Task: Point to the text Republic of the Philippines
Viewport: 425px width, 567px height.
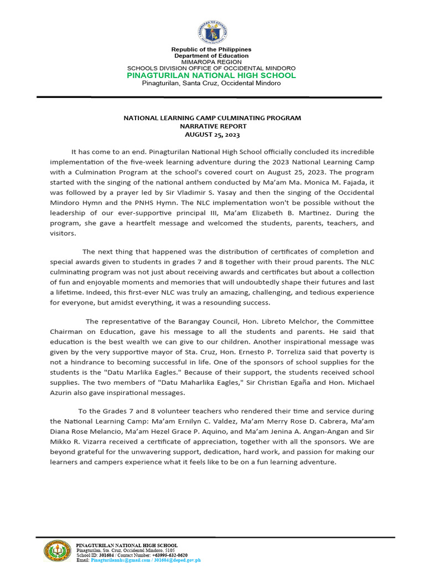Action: tap(211, 50)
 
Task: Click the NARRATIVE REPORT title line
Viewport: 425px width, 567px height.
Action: tap(212, 126)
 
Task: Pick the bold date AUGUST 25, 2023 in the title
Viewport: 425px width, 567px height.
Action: tap(212, 135)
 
